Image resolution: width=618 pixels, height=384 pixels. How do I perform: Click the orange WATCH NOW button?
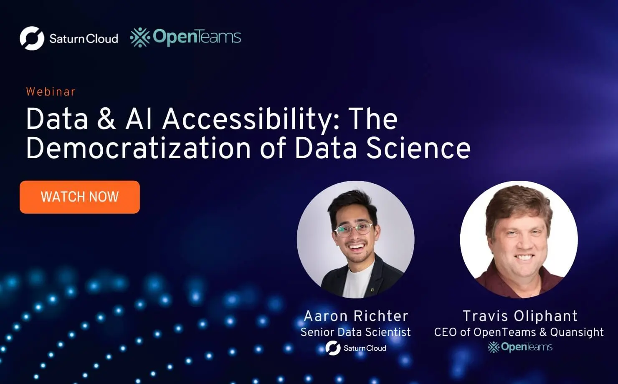click(x=79, y=197)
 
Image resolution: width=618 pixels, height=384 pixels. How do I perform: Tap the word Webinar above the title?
click(x=51, y=92)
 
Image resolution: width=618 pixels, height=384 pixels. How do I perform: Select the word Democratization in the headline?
click(x=138, y=149)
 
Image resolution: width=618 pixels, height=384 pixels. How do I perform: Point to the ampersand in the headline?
click(x=106, y=119)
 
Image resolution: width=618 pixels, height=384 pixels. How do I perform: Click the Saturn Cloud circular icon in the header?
click(x=32, y=38)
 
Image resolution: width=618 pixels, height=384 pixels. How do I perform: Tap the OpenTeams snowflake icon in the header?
click(x=140, y=38)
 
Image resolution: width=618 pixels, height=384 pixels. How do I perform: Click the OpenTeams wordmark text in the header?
click(x=197, y=37)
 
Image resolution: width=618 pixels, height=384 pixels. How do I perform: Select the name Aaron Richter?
click(x=356, y=316)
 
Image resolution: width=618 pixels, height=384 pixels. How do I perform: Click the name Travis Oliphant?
click(x=520, y=316)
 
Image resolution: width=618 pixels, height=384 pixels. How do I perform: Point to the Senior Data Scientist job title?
click(x=355, y=332)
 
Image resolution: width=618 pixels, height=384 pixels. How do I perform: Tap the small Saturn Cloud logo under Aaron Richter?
click(x=356, y=348)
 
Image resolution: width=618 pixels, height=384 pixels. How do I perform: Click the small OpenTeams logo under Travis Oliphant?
click(x=520, y=347)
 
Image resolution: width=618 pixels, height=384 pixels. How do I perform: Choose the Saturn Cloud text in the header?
click(x=84, y=39)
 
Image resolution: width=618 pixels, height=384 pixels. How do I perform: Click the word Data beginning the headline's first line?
click(x=57, y=119)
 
